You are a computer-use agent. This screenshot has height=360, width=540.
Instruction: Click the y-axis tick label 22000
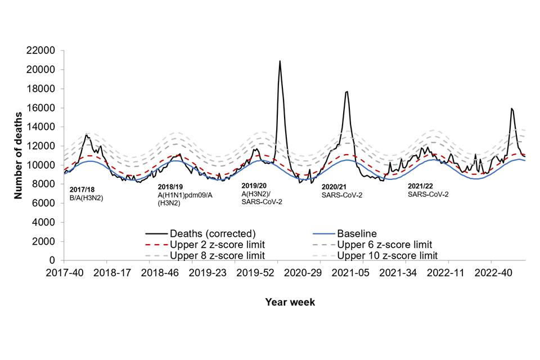tap(41, 51)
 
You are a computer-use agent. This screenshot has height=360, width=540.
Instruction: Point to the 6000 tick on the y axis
tap(44, 203)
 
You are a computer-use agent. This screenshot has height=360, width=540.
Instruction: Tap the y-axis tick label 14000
tap(41, 127)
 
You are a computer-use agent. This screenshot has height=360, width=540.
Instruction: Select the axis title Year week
tap(290, 302)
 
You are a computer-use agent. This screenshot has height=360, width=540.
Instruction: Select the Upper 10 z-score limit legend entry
tap(386, 256)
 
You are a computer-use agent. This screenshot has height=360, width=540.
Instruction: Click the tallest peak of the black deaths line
tap(280, 61)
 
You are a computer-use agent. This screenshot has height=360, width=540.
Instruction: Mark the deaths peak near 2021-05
tap(347, 92)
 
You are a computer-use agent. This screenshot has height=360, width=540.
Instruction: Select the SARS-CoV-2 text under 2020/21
tap(342, 195)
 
